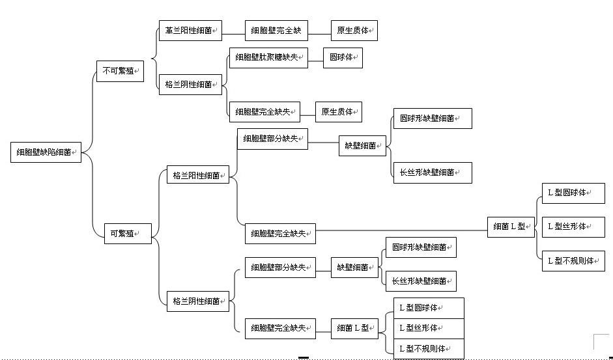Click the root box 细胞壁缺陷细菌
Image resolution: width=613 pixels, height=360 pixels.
click(46, 152)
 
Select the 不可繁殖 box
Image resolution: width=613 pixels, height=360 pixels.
click(120, 71)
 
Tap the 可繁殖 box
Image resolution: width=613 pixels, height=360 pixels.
click(128, 234)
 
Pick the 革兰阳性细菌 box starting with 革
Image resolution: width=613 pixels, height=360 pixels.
click(190, 31)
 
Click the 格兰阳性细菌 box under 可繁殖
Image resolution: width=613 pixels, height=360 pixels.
click(198, 176)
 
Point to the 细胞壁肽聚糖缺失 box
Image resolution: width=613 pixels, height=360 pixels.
click(268, 58)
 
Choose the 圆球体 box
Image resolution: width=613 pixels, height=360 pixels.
click(343, 58)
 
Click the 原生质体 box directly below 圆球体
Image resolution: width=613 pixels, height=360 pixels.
click(339, 112)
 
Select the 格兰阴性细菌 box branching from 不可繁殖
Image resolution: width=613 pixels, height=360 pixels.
click(190, 85)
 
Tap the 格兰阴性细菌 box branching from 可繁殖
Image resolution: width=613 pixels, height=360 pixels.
click(198, 301)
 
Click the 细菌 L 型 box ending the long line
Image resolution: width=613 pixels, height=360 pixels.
click(511, 227)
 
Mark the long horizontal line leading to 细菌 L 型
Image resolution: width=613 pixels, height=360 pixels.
click(401, 230)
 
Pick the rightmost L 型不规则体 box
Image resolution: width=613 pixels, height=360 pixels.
click(573, 260)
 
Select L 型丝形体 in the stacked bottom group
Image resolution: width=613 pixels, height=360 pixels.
click(429, 328)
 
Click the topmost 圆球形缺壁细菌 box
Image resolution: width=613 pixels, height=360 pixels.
click(433, 118)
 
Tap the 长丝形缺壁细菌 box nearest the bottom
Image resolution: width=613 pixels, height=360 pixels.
click(421, 281)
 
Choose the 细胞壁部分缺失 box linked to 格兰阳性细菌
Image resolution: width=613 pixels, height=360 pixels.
click(272, 139)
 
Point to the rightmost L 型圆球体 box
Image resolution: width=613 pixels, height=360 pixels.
click(573, 193)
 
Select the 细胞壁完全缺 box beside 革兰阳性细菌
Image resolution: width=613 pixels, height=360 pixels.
click(276, 31)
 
